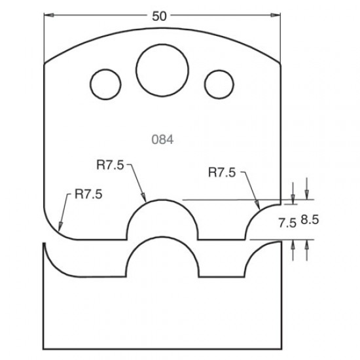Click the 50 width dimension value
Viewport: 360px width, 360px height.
(x=158, y=16)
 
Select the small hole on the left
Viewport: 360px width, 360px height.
(x=104, y=84)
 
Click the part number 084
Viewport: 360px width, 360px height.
(x=161, y=139)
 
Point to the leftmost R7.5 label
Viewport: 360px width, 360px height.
(x=92, y=193)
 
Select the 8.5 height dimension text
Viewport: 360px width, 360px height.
(x=309, y=223)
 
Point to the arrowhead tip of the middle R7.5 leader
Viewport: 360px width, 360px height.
(x=145, y=198)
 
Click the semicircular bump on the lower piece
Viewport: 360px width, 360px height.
(x=161, y=259)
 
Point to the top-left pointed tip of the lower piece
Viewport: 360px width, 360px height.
(x=45, y=244)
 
